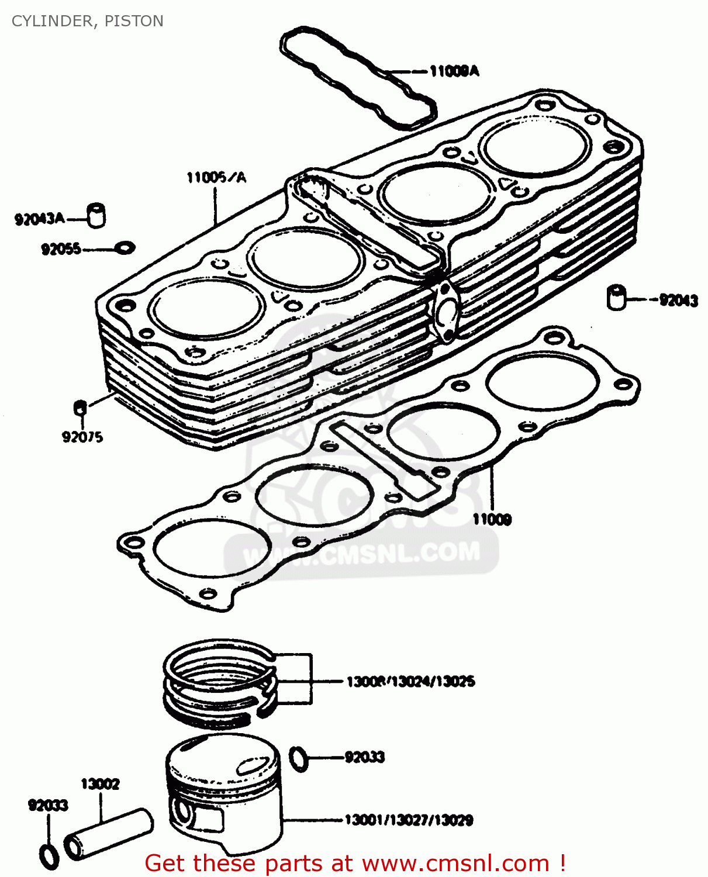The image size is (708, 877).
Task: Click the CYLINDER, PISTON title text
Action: pos(88,21)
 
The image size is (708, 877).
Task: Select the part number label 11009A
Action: pos(454,71)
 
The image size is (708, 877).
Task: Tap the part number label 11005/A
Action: pos(216,177)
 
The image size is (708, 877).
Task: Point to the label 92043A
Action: pos(39,219)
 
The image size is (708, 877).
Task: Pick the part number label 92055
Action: pos(61,250)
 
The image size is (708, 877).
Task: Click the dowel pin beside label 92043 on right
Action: pos(616,297)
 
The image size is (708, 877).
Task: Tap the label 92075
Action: pos(82,437)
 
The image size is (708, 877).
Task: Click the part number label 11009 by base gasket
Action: pos(492,519)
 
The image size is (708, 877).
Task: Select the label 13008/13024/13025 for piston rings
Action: pos(410,682)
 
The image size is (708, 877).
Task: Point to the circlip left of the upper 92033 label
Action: pos(299,758)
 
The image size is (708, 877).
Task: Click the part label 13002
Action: pos(100,784)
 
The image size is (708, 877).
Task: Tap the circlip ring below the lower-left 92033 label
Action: pos(49,855)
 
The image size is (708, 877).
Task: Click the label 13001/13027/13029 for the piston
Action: pos(409,820)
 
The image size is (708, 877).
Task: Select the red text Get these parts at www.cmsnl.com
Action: pos(354,863)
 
